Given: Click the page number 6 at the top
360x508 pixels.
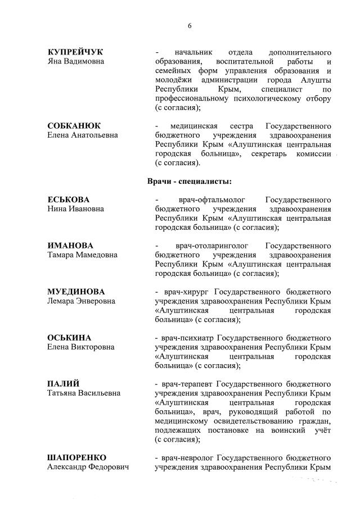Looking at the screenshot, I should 190,26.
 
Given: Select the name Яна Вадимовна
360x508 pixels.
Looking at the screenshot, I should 75,61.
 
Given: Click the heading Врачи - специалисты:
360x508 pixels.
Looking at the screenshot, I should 190,181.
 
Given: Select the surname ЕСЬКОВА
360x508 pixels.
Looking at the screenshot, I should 69,199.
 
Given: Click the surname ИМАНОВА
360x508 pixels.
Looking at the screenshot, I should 70,246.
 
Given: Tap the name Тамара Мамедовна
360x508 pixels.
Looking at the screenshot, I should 82,255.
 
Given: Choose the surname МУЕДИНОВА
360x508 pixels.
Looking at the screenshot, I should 76,292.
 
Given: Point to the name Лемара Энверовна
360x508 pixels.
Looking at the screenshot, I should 81,301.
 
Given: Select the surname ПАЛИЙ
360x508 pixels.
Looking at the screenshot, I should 63,384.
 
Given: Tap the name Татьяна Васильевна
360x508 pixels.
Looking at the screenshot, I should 83,393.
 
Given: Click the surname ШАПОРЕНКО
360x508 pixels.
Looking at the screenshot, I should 76,457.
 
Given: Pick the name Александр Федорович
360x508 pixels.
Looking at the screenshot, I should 87,467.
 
